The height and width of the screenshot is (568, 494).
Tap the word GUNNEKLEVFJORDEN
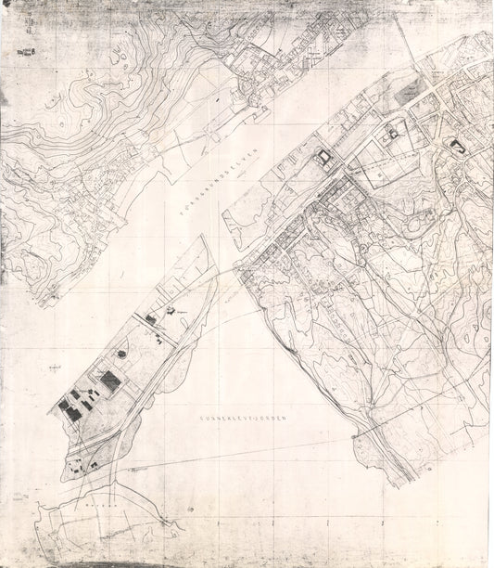pyautogui.click(x=244, y=420)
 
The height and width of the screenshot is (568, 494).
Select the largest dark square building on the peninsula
pyautogui.click(x=110, y=381)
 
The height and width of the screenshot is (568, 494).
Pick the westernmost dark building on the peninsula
pyautogui.click(x=69, y=407)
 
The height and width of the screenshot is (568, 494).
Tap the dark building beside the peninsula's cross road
pyautogui.click(x=151, y=319)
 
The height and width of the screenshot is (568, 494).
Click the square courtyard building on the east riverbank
pyautogui.click(x=323, y=158)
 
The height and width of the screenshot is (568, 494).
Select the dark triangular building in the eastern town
pyautogui.click(x=456, y=146)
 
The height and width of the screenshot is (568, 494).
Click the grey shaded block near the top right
pyautogui.click(x=407, y=92)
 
